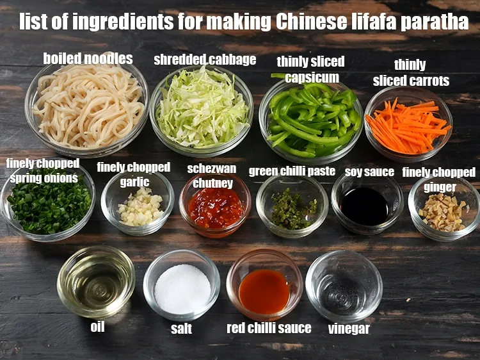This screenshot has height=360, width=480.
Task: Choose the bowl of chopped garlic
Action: pyautogui.click(x=138, y=205)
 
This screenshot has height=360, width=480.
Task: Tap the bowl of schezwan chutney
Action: pyautogui.click(x=215, y=207)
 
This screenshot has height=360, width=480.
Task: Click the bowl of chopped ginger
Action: pyautogui.click(x=444, y=210)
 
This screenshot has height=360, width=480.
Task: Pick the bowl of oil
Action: pyautogui.click(x=96, y=282)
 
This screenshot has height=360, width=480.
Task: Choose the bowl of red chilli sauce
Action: pyautogui.click(x=264, y=288)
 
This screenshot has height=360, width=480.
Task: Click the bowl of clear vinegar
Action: pyautogui.click(x=344, y=288)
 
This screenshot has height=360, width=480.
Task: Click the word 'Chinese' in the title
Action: pyautogui.click(x=314, y=22)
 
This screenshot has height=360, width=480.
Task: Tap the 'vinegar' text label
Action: pyautogui.click(x=349, y=329)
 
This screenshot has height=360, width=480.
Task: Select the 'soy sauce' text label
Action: pyautogui.click(x=369, y=172)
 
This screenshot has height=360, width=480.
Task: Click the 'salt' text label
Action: pyautogui.click(x=181, y=329)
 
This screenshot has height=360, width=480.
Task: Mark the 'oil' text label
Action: pyautogui.click(x=97, y=327)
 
